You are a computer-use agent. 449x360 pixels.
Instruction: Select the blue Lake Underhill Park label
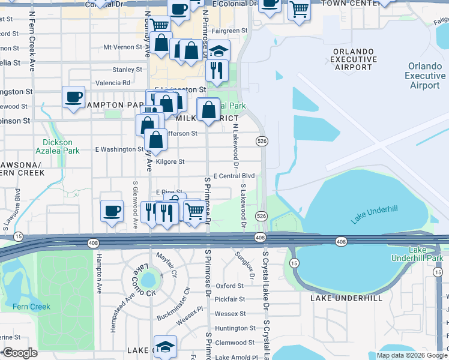[426, 253]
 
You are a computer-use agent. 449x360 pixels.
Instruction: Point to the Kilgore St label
[170, 162]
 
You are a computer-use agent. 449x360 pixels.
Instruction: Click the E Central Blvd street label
[234, 176]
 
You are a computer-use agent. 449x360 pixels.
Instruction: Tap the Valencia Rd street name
[112, 83]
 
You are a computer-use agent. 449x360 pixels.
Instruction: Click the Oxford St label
[230, 286]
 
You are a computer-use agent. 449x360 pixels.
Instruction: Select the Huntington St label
[235, 328]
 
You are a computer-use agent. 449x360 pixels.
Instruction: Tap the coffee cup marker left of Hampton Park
[74, 97]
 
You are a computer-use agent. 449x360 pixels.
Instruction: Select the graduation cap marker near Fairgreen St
[220, 52]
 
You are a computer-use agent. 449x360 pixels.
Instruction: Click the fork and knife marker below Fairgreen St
[215, 70]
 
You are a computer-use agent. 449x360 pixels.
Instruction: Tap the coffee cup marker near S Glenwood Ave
[112, 211]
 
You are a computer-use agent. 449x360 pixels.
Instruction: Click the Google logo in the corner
[20, 353]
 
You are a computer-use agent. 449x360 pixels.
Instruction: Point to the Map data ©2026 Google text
[411, 355]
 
